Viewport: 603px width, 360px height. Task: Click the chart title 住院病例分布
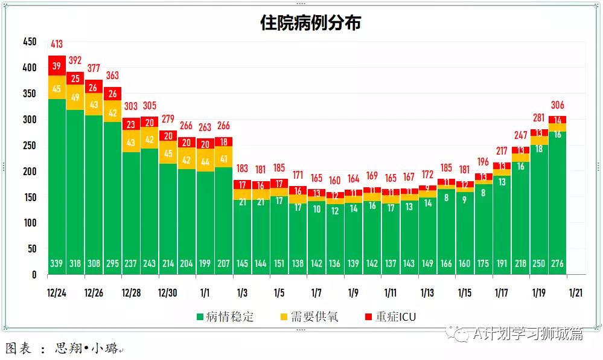310,24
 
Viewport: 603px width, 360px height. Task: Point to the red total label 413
57,44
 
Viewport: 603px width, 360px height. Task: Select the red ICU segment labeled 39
57,66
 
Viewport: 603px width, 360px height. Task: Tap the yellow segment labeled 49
75,97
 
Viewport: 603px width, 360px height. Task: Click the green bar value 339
57,263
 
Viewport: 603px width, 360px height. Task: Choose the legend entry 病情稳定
225,317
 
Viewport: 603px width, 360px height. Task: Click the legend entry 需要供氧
308,317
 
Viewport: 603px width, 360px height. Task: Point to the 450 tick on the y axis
30,42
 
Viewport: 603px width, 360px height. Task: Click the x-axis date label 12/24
57,294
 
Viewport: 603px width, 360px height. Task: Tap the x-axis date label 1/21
575,294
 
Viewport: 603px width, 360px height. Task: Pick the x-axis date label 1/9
353,294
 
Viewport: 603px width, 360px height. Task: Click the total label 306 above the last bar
557,104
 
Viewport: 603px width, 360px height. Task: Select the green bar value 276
557,263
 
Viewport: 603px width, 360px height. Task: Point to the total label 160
335,180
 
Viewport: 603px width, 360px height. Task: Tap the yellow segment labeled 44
205,162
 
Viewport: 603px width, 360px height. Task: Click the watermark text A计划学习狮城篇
528,334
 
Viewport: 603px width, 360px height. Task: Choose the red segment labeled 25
75,79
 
